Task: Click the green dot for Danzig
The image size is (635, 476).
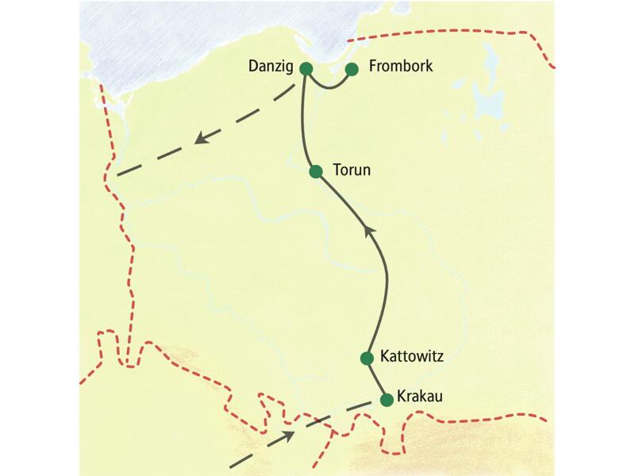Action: [306, 69]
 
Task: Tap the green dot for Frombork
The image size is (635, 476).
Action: [352, 69]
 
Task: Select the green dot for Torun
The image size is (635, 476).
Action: [316, 171]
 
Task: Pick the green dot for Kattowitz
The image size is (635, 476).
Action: [367, 358]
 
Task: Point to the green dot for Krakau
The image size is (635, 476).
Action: [387, 400]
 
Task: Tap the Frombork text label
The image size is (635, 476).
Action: [401, 67]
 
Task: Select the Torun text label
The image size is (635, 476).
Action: [352, 170]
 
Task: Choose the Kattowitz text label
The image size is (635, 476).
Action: [417, 356]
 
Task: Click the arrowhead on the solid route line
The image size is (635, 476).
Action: [368, 229]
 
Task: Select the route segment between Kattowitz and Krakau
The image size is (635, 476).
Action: [376, 379]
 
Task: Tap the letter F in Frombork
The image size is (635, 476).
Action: [373, 67]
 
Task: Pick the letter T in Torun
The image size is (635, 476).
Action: [337, 170]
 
